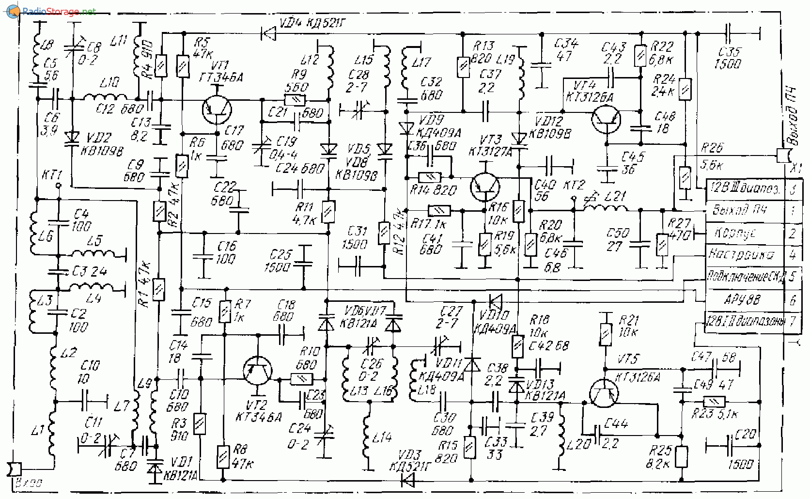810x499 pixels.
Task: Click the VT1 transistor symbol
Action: point(217,110)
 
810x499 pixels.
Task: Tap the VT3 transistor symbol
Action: point(485,187)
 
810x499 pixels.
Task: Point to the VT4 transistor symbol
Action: point(606,120)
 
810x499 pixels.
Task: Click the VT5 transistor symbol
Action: point(604,393)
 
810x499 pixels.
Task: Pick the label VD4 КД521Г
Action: point(312,23)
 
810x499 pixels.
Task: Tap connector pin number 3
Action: point(793,189)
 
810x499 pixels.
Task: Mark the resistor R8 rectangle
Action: point(223,456)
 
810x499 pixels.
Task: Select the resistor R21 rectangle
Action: point(606,334)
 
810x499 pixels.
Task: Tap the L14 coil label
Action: point(382,438)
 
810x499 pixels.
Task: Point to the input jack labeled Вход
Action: point(15,469)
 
